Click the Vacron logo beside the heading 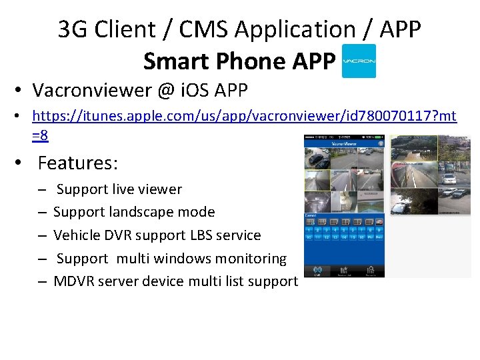click(x=359, y=61)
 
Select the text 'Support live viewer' click(x=119, y=189)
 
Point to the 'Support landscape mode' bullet click(x=134, y=212)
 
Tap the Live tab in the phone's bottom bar click(x=318, y=271)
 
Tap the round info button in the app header click(x=380, y=143)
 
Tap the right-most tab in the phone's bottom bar click(x=371, y=271)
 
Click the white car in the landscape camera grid click(x=448, y=178)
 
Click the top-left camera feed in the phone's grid click(x=317, y=157)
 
